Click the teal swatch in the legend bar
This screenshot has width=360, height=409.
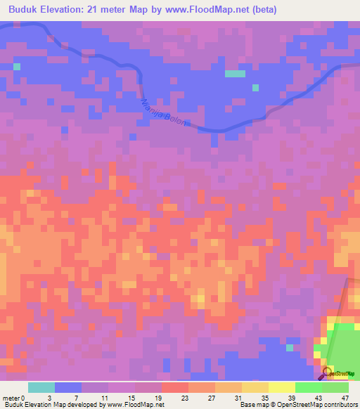tap(41, 387)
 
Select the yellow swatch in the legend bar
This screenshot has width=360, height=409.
tap(281, 387)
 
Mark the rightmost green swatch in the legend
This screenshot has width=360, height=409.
tap(335, 387)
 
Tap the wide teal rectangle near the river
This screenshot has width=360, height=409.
tap(235, 73)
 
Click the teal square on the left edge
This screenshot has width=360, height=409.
tap(17, 67)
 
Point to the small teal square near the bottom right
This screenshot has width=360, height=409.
tap(289, 347)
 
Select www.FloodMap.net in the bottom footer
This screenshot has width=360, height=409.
tap(136, 405)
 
